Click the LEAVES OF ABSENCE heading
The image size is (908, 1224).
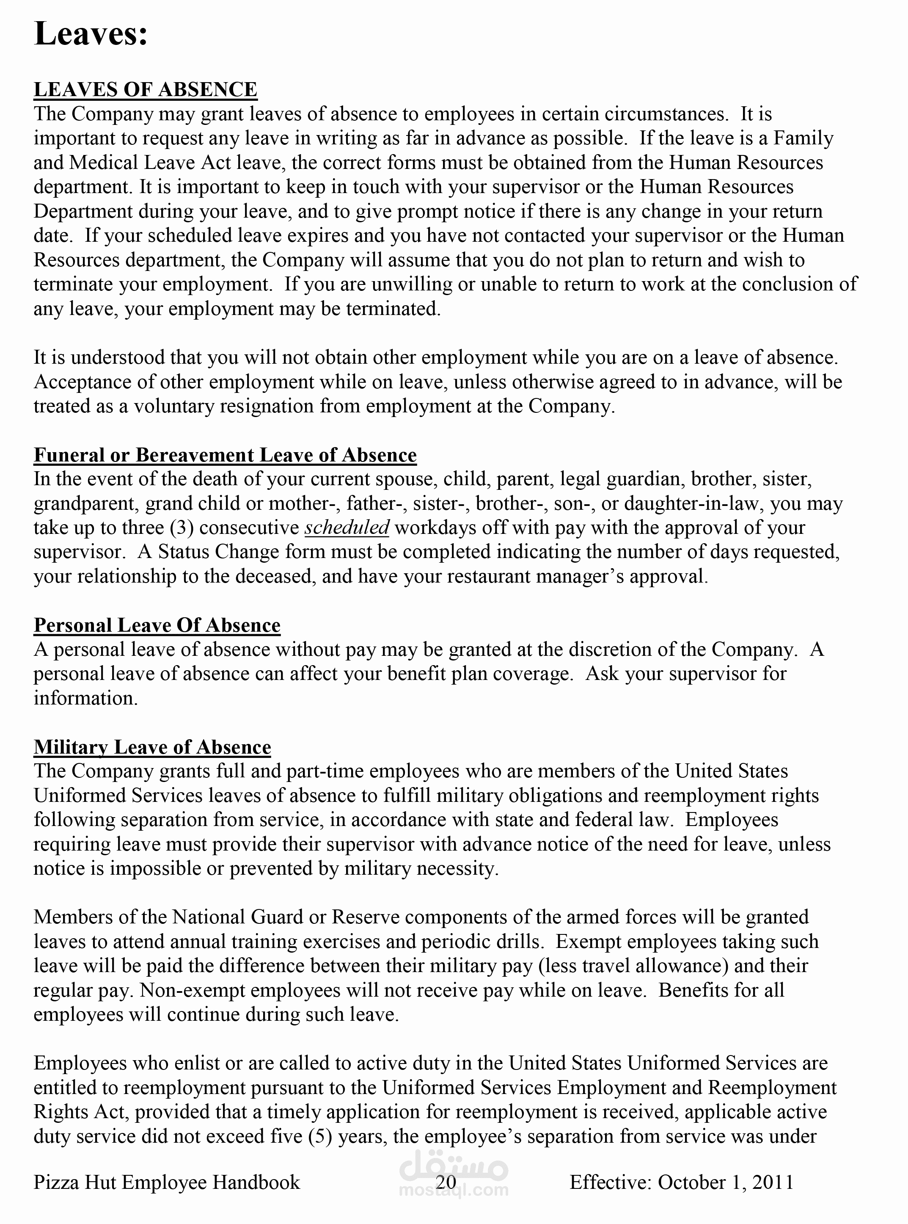pos(145,90)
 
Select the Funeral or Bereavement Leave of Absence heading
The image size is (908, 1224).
pos(225,455)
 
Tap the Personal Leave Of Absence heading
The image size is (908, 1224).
pos(157,625)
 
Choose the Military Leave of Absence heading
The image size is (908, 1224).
pos(152,747)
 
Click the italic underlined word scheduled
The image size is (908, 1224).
pos(347,527)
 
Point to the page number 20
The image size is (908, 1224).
pos(446,1182)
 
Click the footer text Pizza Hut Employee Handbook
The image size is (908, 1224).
pos(167,1182)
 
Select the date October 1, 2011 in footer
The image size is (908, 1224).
pos(726,1182)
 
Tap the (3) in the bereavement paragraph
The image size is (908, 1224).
pos(182,527)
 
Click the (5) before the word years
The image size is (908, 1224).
pos(320,1136)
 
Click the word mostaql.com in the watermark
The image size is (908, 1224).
pos(454,1191)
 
